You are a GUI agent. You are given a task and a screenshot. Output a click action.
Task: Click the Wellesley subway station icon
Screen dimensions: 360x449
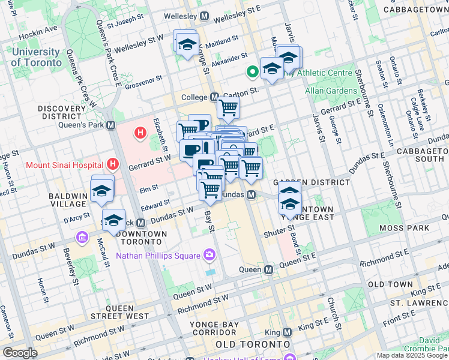tap(205, 16)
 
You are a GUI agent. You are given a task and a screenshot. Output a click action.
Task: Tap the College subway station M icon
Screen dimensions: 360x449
tap(214, 97)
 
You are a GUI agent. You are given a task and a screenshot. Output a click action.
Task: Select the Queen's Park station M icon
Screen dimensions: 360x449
tap(110, 125)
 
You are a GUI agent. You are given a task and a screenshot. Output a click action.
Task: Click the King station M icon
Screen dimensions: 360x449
tap(287, 332)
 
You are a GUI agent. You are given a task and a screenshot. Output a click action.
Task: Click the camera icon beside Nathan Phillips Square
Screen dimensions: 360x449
tap(209, 256)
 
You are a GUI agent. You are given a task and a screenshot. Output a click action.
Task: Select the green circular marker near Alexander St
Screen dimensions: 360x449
tap(253, 72)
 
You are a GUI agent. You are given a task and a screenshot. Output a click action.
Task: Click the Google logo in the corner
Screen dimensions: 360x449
tap(20, 353)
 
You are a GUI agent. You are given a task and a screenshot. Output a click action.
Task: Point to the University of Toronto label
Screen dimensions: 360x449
tap(36, 58)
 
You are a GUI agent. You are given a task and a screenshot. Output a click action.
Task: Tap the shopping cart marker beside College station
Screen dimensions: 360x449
tap(228, 107)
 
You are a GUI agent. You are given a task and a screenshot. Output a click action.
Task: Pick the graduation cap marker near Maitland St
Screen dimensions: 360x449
tap(187, 44)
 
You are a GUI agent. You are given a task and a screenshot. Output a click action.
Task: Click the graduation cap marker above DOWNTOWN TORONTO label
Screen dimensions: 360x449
tap(113, 220)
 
